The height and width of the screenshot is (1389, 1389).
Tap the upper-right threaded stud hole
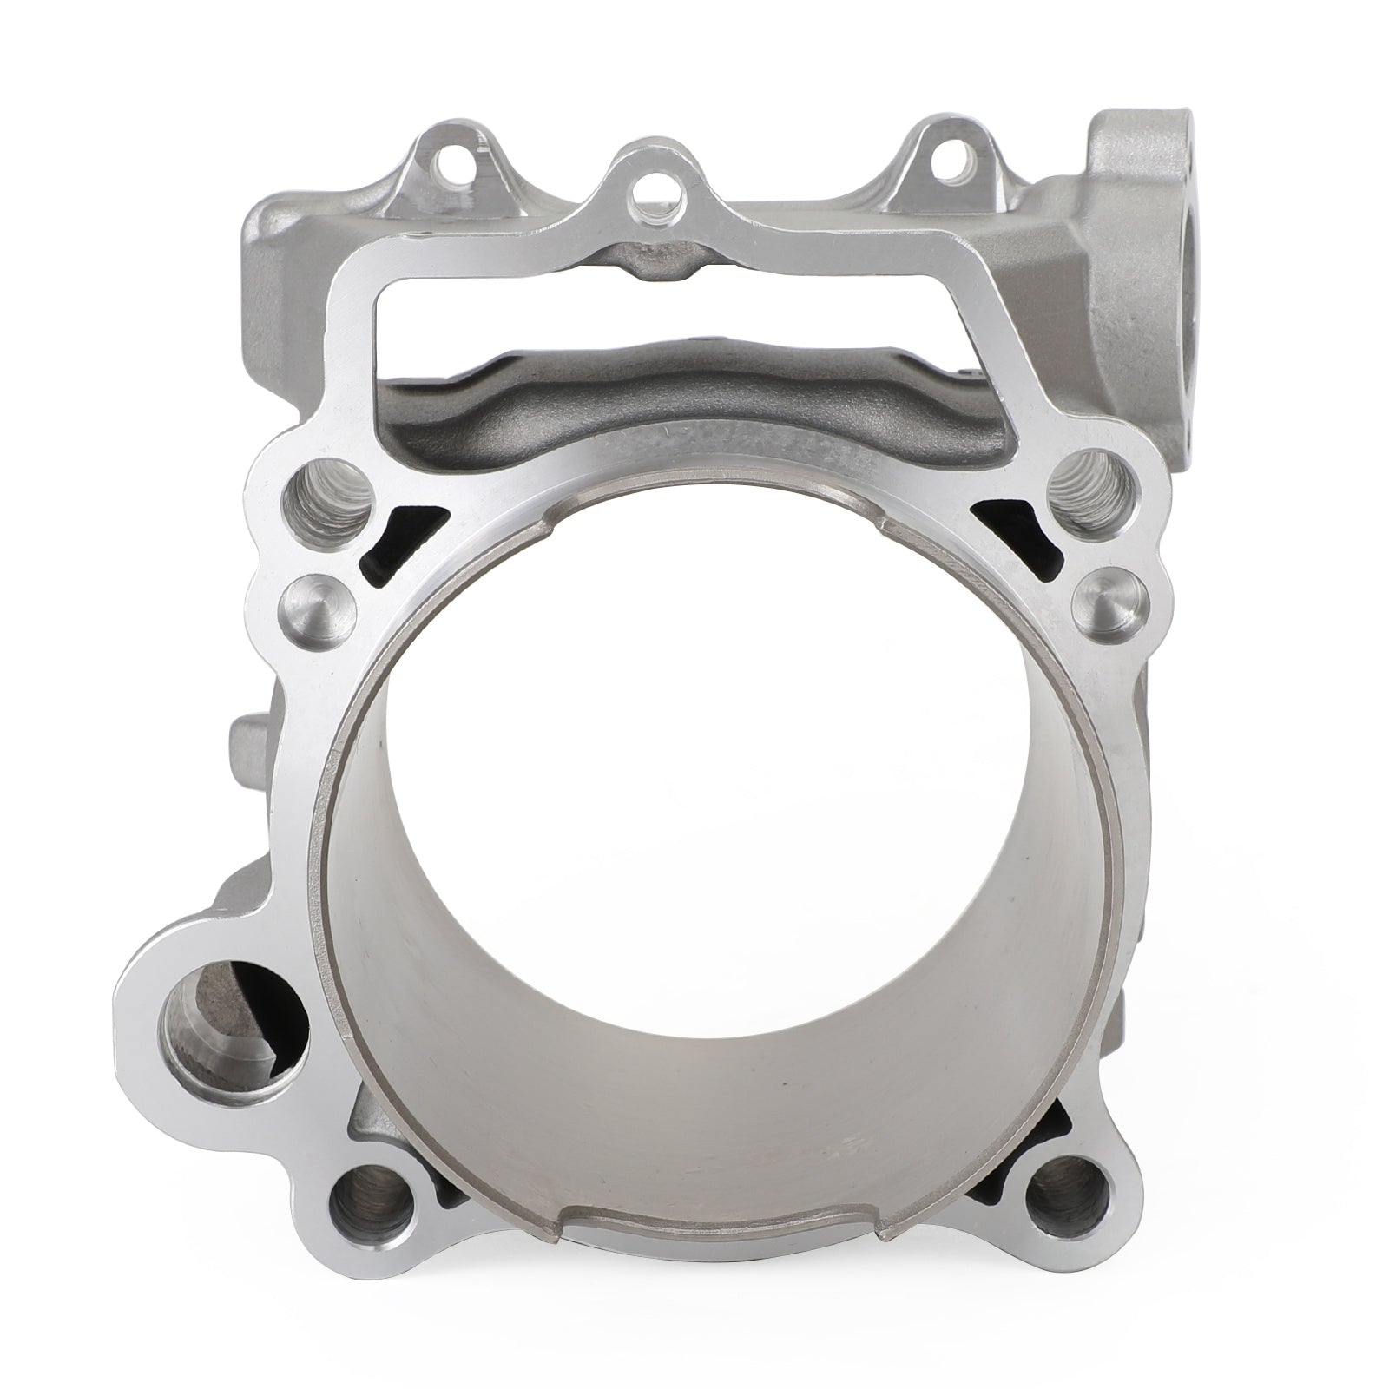pyautogui.click(x=1092, y=491)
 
